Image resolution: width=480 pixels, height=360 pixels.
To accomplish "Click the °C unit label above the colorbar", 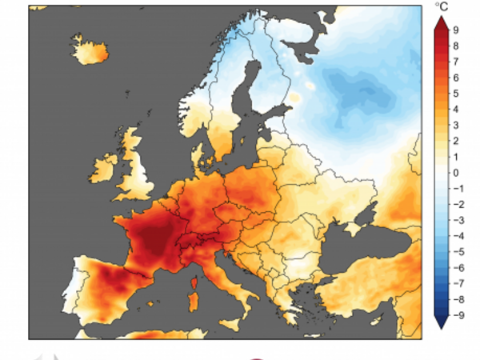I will (442, 7).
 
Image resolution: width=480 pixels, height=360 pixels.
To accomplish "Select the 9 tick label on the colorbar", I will (455, 30).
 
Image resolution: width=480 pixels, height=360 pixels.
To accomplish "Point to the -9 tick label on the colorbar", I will (457, 314).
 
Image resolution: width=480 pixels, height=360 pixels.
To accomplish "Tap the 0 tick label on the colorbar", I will (455, 172).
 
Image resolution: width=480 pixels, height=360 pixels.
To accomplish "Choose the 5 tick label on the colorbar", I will (455, 94).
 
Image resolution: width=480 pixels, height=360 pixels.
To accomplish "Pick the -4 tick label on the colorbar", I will (457, 236).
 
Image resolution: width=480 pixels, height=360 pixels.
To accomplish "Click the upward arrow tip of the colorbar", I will (441, 19).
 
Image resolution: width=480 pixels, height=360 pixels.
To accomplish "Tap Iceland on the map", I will (90, 52).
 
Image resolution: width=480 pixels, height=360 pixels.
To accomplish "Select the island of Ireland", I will (105, 169).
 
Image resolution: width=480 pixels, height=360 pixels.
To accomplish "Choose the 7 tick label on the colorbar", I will (455, 62).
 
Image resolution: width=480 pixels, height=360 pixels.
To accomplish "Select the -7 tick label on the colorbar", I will (457, 283).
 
